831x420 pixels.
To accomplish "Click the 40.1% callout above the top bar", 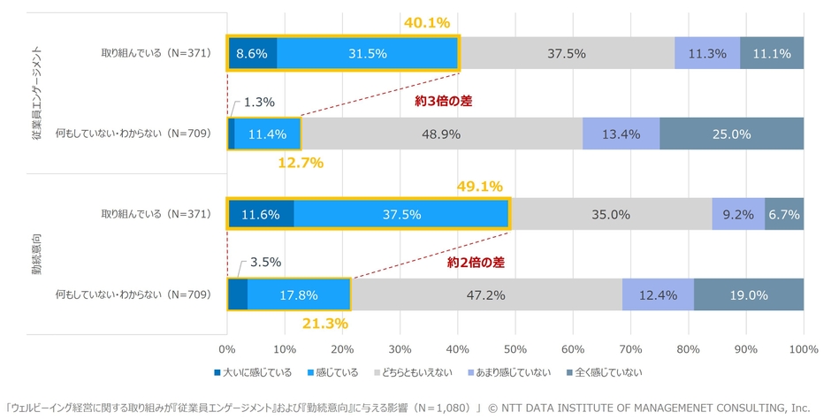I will [428, 20].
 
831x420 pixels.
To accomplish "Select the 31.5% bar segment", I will [367, 53].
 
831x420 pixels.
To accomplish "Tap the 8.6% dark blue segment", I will [253, 53].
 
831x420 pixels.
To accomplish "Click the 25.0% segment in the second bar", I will [731, 134].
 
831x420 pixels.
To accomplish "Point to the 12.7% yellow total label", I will [300, 163].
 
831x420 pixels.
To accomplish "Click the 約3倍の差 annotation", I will [443, 101].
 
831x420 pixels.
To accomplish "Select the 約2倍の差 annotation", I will [476, 263].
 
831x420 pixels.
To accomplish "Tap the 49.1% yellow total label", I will [480, 187].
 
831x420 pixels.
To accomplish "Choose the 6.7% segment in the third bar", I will [784, 214].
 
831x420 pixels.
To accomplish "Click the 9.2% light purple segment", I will [738, 214].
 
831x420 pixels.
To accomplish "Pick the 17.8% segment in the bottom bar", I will [298, 294].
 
